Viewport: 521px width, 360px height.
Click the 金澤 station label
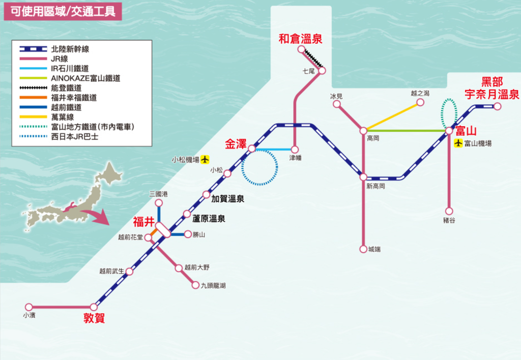click(236, 144)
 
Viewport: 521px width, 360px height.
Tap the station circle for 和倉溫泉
click(301, 49)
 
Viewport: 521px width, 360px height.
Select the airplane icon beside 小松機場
click(205, 160)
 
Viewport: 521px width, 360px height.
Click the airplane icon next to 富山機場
click(458, 143)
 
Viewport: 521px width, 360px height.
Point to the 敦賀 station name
click(94, 318)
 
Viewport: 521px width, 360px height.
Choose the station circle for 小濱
click(29, 307)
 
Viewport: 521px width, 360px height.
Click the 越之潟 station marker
click(420, 102)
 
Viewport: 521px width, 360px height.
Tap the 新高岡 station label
click(375, 186)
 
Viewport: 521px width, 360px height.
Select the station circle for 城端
click(363, 249)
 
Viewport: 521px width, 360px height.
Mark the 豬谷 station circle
click(449, 211)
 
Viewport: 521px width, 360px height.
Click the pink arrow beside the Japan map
click(97, 216)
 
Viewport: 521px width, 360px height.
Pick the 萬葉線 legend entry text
click(63, 117)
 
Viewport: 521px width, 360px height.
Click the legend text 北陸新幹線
click(70, 49)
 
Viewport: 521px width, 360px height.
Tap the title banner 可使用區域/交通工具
click(63, 11)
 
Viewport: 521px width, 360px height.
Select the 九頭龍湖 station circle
click(195, 285)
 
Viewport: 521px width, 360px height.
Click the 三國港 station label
click(159, 194)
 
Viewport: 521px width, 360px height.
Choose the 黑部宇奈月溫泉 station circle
click(497, 106)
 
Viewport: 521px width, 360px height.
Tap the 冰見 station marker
click(337, 104)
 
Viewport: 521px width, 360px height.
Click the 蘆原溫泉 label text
click(209, 219)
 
